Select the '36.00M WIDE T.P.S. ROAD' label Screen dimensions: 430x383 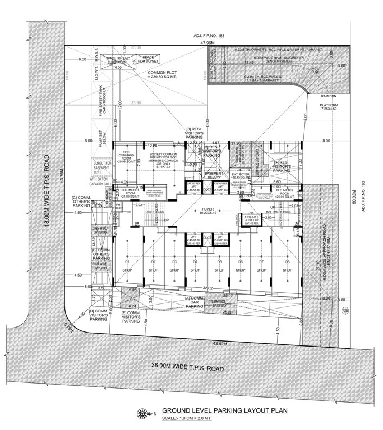188,368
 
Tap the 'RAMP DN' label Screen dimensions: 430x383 327,96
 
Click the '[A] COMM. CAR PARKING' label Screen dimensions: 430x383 194,303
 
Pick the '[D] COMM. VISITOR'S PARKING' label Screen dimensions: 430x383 98,315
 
